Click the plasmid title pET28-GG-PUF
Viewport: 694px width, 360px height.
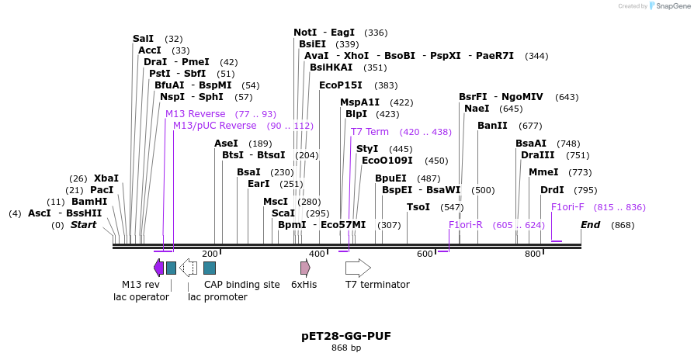coord(346,336)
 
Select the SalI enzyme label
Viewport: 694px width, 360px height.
coord(144,39)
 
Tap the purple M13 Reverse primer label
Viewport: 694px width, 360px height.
coord(195,114)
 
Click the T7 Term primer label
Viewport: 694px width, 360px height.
coord(370,132)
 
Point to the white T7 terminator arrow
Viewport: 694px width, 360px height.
coord(358,268)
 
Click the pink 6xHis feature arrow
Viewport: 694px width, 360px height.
coord(305,268)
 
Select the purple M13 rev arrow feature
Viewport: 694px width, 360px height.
coord(158,268)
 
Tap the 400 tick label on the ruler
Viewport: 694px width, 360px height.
coord(317,254)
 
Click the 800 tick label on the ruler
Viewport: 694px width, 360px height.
coord(533,254)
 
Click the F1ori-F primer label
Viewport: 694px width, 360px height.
coord(567,207)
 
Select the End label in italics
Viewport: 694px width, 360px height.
coord(590,225)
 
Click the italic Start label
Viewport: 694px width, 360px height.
coord(84,225)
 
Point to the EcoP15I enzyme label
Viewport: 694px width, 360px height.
coord(341,85)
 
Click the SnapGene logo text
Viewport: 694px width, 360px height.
coord(672,6)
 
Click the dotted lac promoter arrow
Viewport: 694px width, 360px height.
coord(188,268)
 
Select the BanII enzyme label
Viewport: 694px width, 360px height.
coord(492,126)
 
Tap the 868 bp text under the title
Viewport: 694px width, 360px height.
coord(346,348)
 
